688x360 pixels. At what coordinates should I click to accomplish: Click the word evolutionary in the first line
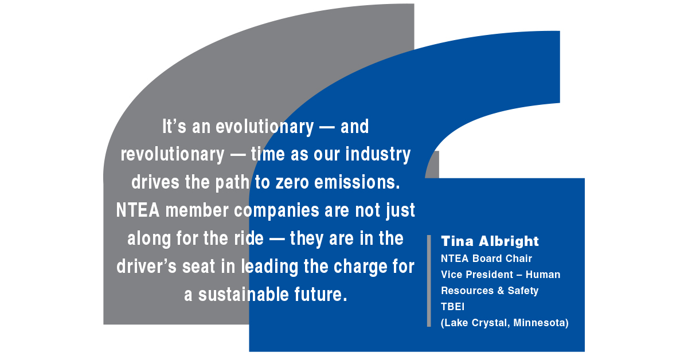pyautogui.click(x=265, y=127)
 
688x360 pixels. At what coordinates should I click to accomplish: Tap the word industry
pyautogui.click(x=378, y=155)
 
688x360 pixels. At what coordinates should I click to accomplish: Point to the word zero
pyautogui.click(x=292, y=182)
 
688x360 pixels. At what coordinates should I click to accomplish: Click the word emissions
pyautogui.click(x=357, y=182)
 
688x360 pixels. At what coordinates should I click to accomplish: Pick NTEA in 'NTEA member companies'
pyautogui.click(x=138, y=210)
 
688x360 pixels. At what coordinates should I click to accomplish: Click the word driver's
pyautogui.click(x=147, y=267)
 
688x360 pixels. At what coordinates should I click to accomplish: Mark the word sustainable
pyautogui.click(x=244, y=295)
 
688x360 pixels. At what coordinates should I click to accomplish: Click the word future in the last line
pyautogui.click(x=320, y=295)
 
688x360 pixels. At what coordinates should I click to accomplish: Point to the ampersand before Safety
pyautogui.click(x=501, y=291)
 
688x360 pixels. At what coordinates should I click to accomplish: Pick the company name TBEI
pyautogui.click(x=453, y=307)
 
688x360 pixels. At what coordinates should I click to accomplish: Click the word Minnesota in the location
pyautogui.click(x=541, y=323)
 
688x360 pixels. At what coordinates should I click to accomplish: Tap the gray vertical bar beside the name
pyautogui.click(x=429, y=281)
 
